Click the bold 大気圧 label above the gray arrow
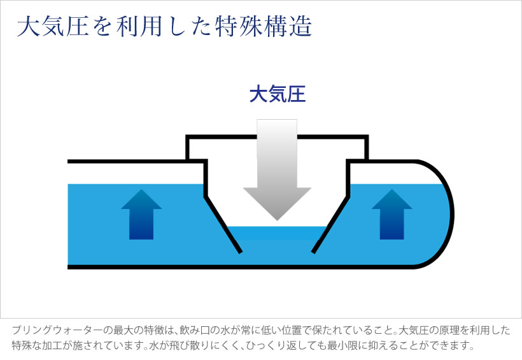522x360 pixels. point(278,95)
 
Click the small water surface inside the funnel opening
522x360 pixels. point(277,233)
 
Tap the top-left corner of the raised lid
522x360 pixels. point(187,136)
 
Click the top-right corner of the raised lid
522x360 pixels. point(367,136)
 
